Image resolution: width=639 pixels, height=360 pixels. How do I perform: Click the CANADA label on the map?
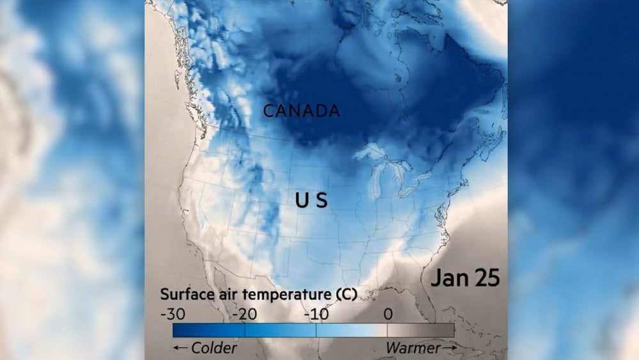point(302,111)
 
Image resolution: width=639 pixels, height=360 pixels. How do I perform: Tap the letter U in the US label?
point(302,201)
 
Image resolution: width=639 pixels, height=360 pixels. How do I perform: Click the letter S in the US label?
point(321,201)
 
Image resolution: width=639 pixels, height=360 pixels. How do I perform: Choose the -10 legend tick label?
point(315,315)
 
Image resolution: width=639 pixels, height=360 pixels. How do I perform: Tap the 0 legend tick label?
point(387,315)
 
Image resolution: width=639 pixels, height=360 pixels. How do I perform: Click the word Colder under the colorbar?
point(214,348)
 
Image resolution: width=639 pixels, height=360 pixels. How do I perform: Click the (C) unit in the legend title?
point(344,295)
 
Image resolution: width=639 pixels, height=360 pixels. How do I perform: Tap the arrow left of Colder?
point(180,348)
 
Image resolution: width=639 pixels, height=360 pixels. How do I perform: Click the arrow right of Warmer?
point(450,347)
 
